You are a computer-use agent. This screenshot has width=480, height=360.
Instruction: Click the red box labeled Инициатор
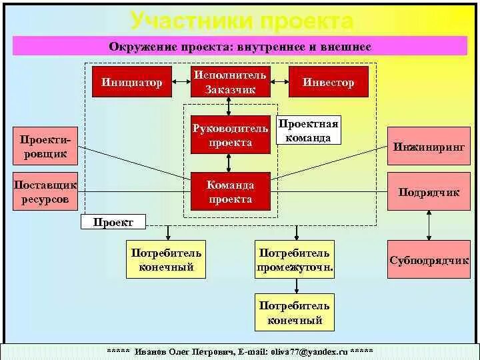pyautogui.click(x=132, y=82)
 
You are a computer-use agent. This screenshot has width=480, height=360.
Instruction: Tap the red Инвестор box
pyautogui.click(x=328, y=82)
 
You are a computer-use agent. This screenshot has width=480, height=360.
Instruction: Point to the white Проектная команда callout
pyautogui.click(x=308, y=131)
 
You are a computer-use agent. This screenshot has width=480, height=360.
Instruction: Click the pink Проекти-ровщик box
pyautogui.click(x=43, y=147)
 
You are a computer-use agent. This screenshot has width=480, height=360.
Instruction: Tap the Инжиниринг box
pyautogui.click(x=429, y=147)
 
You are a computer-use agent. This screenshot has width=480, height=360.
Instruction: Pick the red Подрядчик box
pyautogui.click(x=429, y=192)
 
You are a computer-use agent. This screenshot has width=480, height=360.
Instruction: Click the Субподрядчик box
pyautogui.click(x=429, y=260)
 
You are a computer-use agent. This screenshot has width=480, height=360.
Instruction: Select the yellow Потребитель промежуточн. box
pyautogui.click(x=295, y=261)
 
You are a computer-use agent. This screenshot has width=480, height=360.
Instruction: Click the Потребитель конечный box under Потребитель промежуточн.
pyautogui.click(x=295, y=313)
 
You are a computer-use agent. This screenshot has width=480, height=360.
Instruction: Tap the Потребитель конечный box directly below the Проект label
pyautogui.click(x=167, y=261)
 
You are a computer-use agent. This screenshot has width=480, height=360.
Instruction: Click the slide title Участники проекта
pyautogui.click(x=241, y=21)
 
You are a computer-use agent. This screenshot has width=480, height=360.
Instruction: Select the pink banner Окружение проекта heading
pyautogui.click(x=240, y=47)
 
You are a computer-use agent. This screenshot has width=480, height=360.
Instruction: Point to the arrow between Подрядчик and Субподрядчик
pyautogui.click(x=429, y=226)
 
